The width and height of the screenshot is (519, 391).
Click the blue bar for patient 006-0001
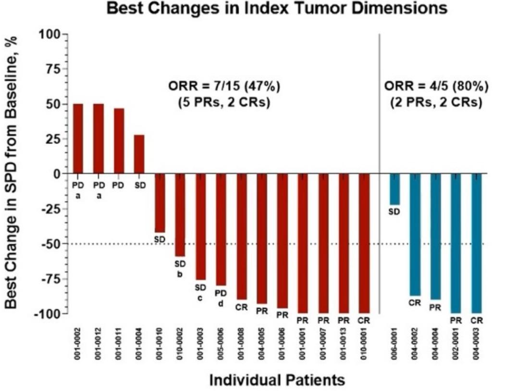[x=395, y=189]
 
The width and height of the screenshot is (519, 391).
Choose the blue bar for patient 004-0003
[x=476, y=243]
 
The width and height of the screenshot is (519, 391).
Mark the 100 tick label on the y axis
[x=51, y=34]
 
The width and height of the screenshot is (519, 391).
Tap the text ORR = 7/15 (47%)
[x=223, y=87]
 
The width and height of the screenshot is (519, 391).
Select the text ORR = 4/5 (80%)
[x=436, y=87]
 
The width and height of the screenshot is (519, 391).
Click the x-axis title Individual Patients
[x=277, y=380]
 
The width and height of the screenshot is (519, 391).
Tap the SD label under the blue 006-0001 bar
[x=394, y=211]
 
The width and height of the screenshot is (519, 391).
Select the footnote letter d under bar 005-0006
[x=221, y=303]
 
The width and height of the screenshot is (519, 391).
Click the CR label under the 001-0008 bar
[x=241, y=307]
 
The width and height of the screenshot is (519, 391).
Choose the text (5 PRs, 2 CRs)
[x=223, y=103]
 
